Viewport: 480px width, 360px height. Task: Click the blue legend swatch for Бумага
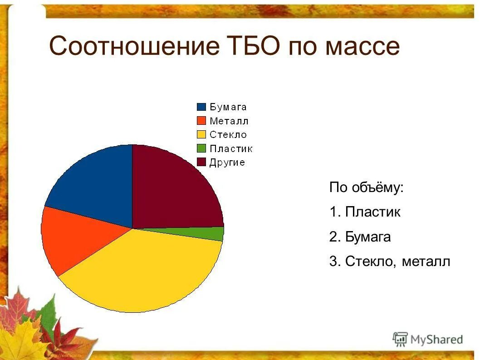pyautogui.click(x=201, y=107)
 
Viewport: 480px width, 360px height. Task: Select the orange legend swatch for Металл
pyautogui.click(x=201, y=121)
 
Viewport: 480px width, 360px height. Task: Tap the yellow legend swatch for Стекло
pyautogui.click(x=201, y=134)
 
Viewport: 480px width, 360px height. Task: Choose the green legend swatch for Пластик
pyautogui.click(x=201, y=148)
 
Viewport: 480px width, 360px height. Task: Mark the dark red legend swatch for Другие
pyautogui.click(x=201, y=162)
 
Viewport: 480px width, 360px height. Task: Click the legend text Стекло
pyautogui.click(x=228, y=135)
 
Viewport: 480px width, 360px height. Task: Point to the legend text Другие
pyautogui.click(x=227, y=163)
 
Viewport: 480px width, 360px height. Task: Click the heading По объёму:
pyautogui.click(x=366, y=187)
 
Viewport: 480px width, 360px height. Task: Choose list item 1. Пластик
pyautogui.click(x=365, y=212)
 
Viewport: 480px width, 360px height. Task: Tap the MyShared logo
pyautogui.click(x=428, y=339)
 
